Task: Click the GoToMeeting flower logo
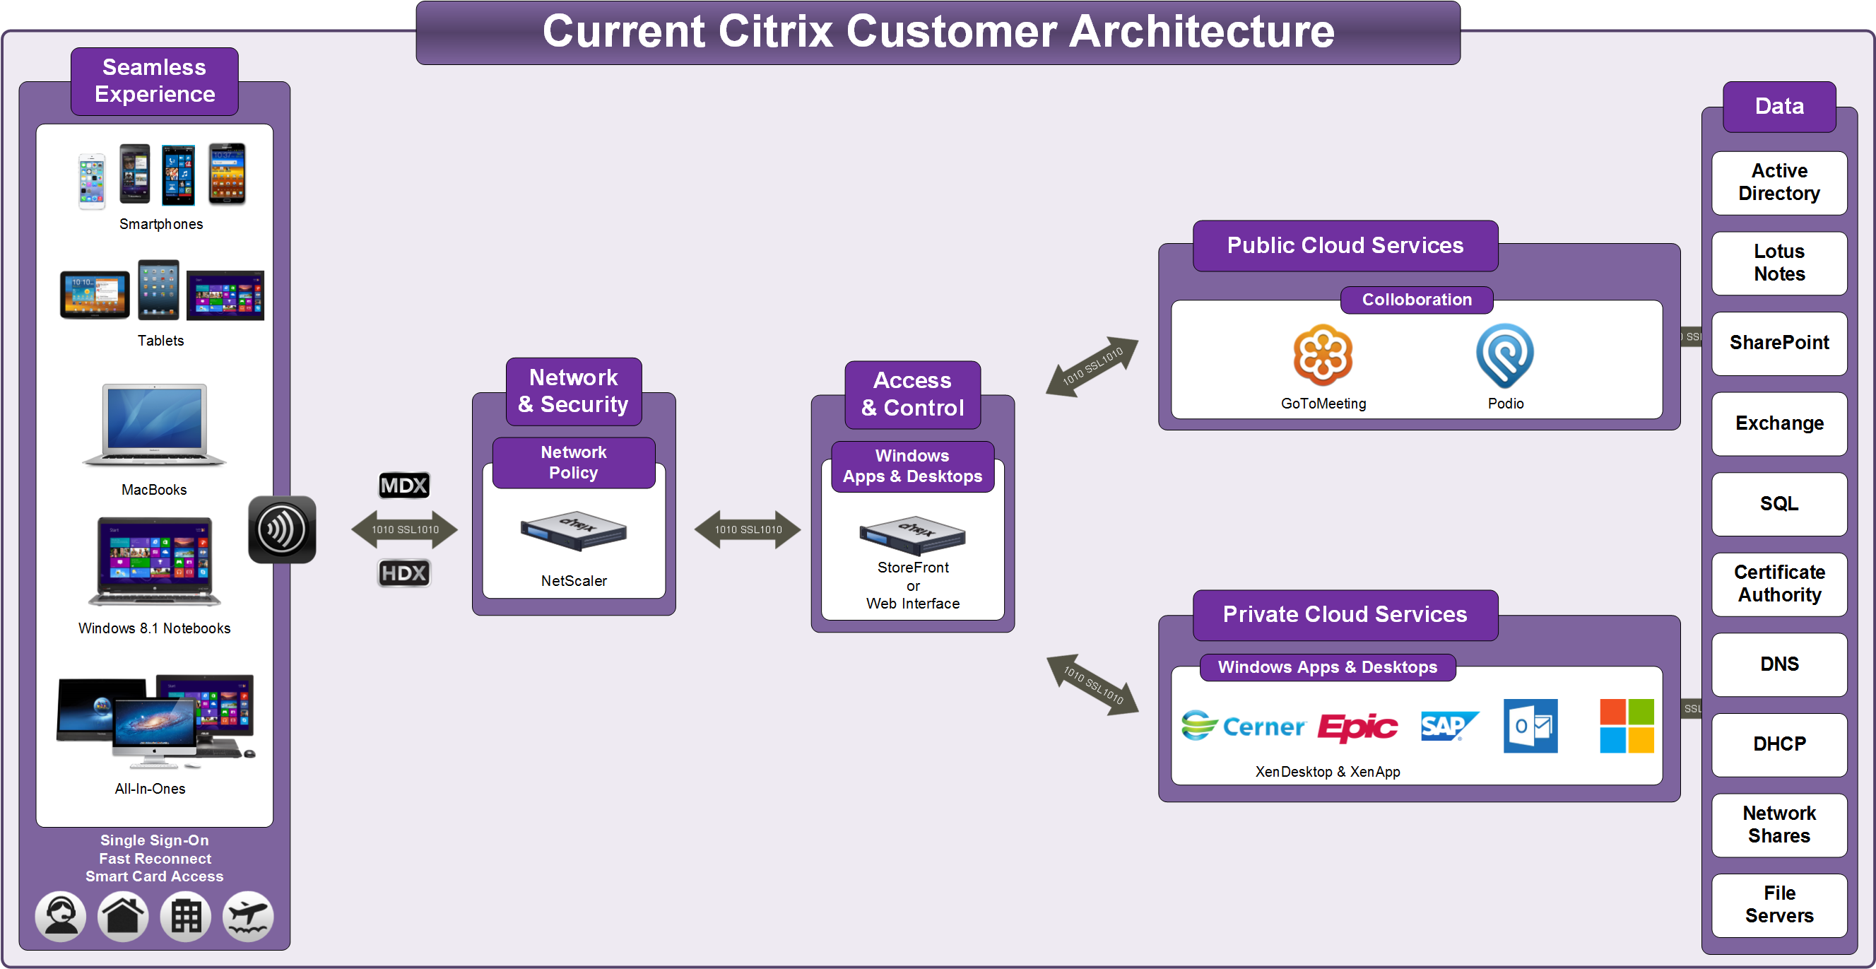[x=1323, y=355]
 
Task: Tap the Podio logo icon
[x=1504, y=356]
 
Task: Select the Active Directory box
[x=1778, y=182]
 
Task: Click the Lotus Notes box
[x=1778, y=262]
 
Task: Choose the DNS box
[x=1778, y=664]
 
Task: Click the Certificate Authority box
[x=1778, y=584]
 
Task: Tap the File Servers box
[x=1778, y=904]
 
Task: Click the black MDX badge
[x=404, y=486]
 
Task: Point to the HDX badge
[x=404, y=572]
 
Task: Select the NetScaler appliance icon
[x=573, y=529]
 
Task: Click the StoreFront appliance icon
[x=912, y=536]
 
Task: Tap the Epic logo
[x=1357, y=727]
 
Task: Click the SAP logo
[x=1449, y=726]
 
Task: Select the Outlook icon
[x=1530, y=726]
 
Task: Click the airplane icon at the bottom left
[x=248, y=916]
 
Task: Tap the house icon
[x=123, y=916]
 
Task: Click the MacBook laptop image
[x=155, y=425]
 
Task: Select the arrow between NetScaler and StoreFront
[x=747, y=529]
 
